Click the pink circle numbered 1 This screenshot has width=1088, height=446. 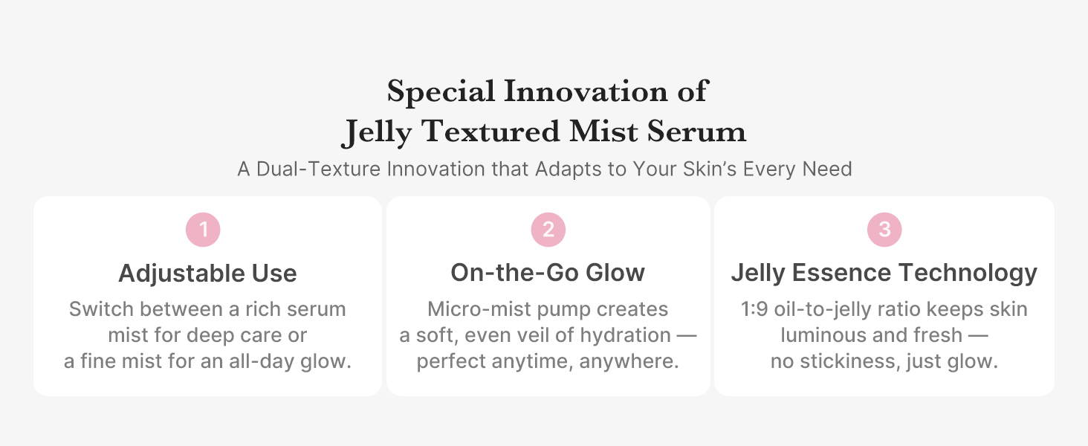pyautogui.click(x=203, y=230)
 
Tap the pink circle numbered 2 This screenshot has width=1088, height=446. pyautogui.click(x=548, y=230)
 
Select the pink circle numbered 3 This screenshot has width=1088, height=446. pyautogui.click(x=884, y=230)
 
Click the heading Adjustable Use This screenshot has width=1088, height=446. pyautogui.click(x=207, y=274)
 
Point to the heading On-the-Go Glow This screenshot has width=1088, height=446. pyautogui.click(x=548, y=273)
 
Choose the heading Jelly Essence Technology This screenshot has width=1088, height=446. pyautogui.click(x=884, y=273)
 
